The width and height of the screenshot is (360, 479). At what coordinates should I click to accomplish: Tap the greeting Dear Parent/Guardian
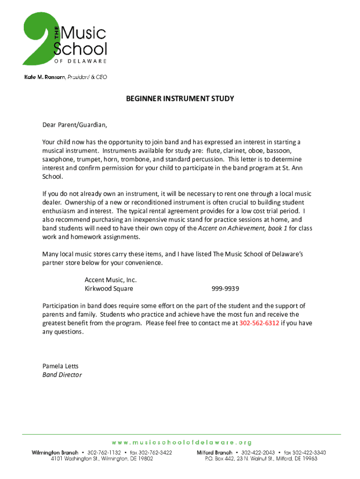tap(75, 125)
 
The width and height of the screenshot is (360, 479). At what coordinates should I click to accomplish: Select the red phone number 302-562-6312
tap(259, 323)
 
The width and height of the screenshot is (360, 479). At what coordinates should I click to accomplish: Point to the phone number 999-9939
tap(226, 288)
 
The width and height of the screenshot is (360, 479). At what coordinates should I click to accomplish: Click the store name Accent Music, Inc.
tap(111, 280)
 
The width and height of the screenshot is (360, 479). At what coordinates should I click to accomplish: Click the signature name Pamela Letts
tap(60, 366)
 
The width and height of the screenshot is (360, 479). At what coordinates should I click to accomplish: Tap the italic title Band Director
tap(62, 375)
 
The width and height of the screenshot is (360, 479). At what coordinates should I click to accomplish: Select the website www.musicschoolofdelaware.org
tap(181, 442)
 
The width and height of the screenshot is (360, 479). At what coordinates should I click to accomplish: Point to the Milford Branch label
tap(214, 453)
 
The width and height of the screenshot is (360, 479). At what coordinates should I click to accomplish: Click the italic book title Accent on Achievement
tap(237, 228)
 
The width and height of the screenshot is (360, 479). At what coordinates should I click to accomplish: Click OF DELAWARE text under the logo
tap(80, 61)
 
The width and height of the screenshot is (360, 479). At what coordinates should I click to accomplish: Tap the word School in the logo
tap(80, 48)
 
